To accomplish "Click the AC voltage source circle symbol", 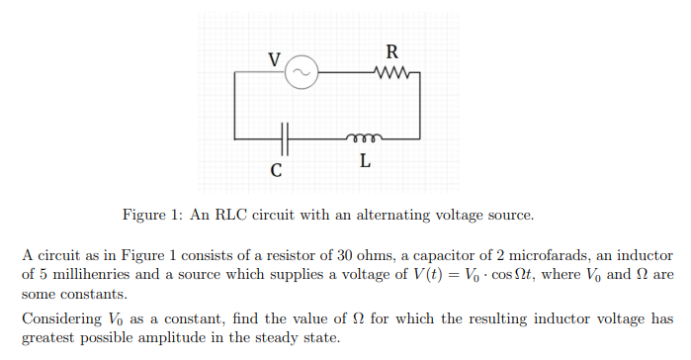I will click(x=301, y=72).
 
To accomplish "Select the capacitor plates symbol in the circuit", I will click(x=285, y=136).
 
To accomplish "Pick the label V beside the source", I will click(x=275, y=58).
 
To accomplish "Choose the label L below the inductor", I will click(x=365, y=162).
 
